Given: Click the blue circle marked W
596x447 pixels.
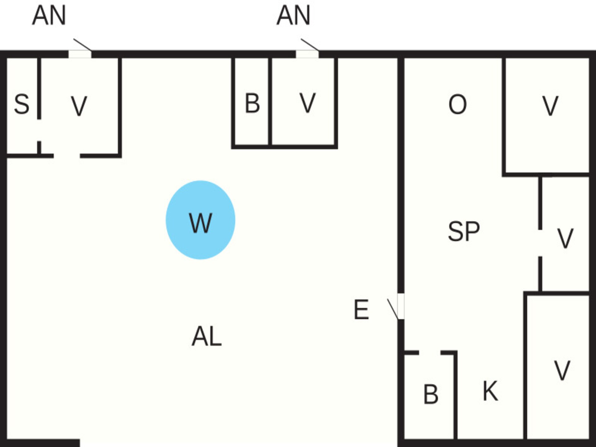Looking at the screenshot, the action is [x=200, y=220].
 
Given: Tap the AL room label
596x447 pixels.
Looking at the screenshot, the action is [x=207, y=336].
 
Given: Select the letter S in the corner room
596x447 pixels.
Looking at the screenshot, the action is [x=22, y=104].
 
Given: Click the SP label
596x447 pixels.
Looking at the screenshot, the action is [x=464, y=231].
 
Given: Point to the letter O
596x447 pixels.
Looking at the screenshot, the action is [x=458, y=104].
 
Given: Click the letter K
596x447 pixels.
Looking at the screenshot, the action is [x=490, y=391].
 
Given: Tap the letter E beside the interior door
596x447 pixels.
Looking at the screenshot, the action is [x=361, y=309].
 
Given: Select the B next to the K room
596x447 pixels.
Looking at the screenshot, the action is [x=431, y=394].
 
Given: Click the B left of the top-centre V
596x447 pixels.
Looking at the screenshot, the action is [x=252, y=103].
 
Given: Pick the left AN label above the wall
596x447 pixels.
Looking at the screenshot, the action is [x=49, y=15].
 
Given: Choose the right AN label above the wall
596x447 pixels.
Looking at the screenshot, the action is [x=293, y=15].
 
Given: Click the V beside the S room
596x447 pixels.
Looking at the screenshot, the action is [x=79, y=106].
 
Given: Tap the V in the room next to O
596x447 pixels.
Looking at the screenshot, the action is [x=550, y=106].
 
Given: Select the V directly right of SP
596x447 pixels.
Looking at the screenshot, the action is [x=565, y=238].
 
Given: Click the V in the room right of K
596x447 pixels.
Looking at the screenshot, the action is [x=562, y=370].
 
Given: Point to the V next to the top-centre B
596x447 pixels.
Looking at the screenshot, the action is [x=308, y=103].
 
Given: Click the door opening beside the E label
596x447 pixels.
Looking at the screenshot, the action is [x=401, y=306].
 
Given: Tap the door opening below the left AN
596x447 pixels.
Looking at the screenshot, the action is [x=80, y=54].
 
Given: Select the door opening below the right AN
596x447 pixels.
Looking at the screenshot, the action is [x=307, y=54].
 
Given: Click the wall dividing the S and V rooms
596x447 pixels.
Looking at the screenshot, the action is [x=39, y=88].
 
